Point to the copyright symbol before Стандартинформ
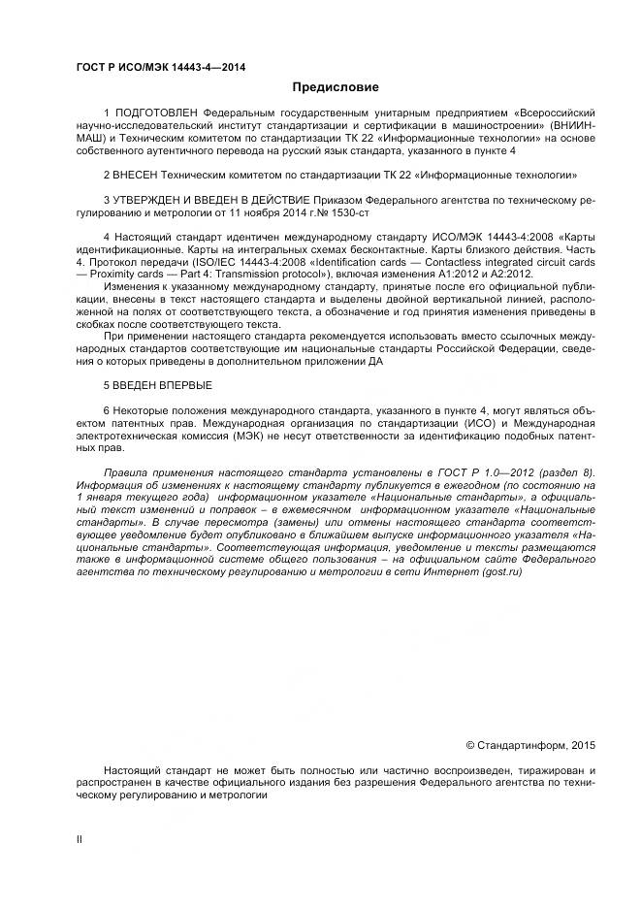point(470,745)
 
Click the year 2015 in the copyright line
point(582,745)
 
